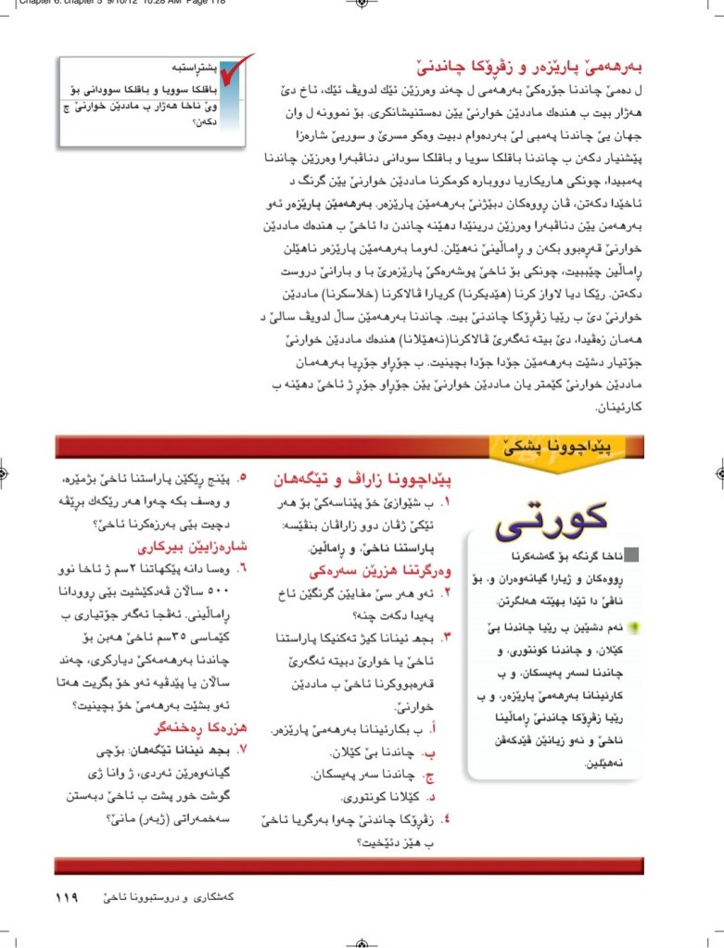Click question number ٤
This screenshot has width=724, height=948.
(x=446, y=818)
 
